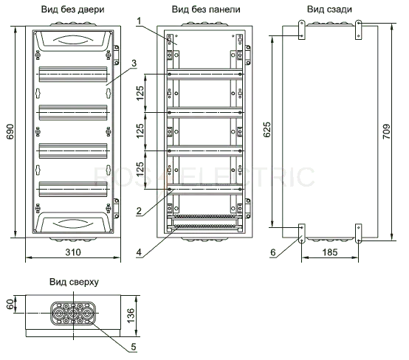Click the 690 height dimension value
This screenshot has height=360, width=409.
pyautogui.click(x=10, y=131)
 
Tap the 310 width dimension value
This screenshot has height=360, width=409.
pyautogui.click(x=73, y=252)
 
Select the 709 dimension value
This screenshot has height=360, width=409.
pyautogui.click(x=387, y=131)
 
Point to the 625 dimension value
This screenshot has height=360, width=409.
pyautogui.click(x=267, y=130)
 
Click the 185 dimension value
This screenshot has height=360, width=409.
pyautogui.click(x=330, y=252)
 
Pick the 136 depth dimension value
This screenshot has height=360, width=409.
pyautogui.click(x=131, y=316)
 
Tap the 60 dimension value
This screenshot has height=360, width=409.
pyautogui.click(x=10, y=304)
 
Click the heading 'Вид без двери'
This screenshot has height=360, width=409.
pyautogui.click(x=73, y=10)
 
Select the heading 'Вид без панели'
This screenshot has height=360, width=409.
pyautogui.click(x=206, y=10)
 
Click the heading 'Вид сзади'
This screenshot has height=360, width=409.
pyautogui.click(x=329, y=10)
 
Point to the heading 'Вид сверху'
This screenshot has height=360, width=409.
pyautogui.click(x=74, y=282)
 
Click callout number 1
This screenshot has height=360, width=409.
pyautogui.click(x=139, y=21)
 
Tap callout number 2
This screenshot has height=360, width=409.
pyautogui.click(x=139, y=211)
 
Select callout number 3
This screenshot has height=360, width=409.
pyautogui.click(x=134, y=63)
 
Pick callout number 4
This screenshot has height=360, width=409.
pyautogui.click(x=139, y=252)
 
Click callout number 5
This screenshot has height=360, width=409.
pyautogui.click(x=134, y=347)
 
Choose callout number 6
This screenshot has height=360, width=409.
pyautogui.click(x=273, y=252)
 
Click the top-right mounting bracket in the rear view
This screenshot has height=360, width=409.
pyautogui.click(x=359, y=30)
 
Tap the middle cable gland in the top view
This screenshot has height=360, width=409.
pyautogui.click(x=73, y=313)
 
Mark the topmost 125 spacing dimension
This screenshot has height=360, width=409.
pyautogui.click(x=140, y=93)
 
